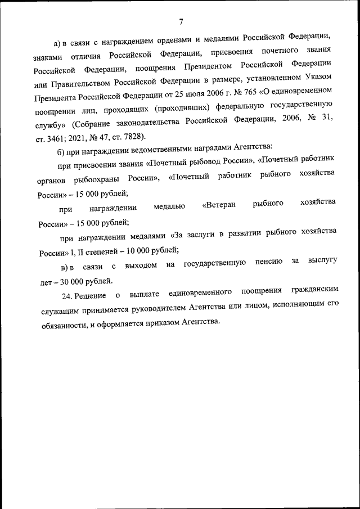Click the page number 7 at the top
click(x=181, y=22)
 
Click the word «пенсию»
click(x=269, y=263)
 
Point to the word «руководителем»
click(x=159, y=309)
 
